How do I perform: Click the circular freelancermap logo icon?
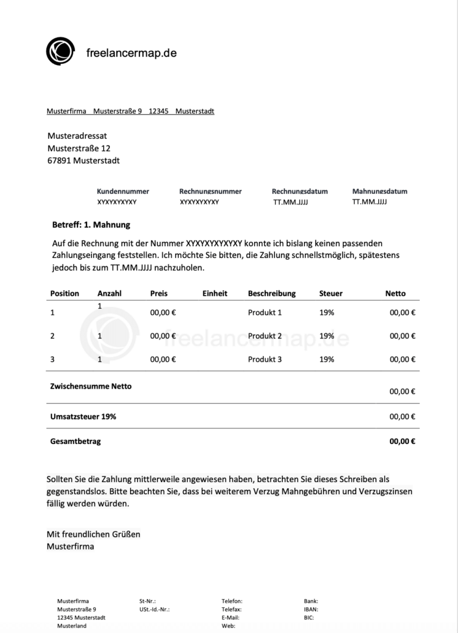(61, 51)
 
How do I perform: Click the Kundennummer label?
(123, 191)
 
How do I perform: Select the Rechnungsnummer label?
(211, 191)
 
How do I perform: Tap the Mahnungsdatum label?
(380, 191)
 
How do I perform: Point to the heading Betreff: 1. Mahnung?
(91, 225)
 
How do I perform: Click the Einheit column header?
(215, 293)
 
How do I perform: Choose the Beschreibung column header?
(272, 293)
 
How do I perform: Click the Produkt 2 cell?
(265, 336)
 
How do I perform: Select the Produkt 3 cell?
(265, 359)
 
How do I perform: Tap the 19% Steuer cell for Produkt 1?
(327, 312)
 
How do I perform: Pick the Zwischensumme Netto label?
(91, 386)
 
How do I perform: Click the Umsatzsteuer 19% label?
(83, 417)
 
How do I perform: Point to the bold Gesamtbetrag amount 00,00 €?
(403, 442)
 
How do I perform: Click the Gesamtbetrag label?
(76, 442)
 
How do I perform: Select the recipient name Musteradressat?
(77, 136)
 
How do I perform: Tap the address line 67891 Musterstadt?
(83, 160)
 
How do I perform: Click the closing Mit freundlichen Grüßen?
(94, 534)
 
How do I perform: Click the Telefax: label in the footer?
(231, 610)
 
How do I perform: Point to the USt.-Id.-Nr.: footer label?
(154, 610)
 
